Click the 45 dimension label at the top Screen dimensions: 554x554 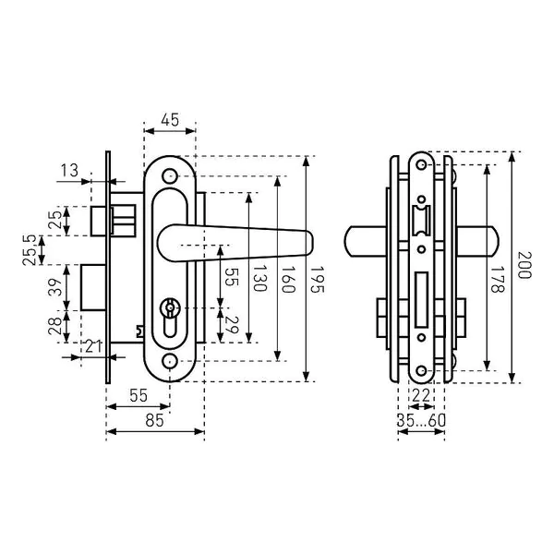tap(170, 120)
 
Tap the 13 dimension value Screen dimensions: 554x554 tap(69, 171)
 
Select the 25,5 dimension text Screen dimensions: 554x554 tap(30, 250)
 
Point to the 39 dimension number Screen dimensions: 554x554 tap(55, 287)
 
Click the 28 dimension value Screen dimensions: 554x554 tap(54, 326)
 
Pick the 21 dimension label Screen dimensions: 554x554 tap(93, 346)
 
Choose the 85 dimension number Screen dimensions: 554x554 tap(155, 420)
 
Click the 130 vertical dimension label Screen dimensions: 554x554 tap(259, 279)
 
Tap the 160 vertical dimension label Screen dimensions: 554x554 tap(287, 280)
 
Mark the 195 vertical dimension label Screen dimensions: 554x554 tap(317, 280)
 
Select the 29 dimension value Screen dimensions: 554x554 tap(232, 325)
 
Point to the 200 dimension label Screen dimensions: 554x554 tap(524, 265)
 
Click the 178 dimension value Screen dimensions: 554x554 tap(498, 279)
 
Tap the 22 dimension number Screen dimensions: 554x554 tap(420, 396)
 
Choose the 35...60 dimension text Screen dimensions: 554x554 tap(421, 420)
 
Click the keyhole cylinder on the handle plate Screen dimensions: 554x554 tap(170, 318)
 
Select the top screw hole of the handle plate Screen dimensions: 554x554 tap(170, 175)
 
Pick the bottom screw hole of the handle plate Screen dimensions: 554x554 tap(170, 361)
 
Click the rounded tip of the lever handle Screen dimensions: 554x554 tap(309, 242)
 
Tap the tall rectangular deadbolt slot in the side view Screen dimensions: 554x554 tap(421, 299)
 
